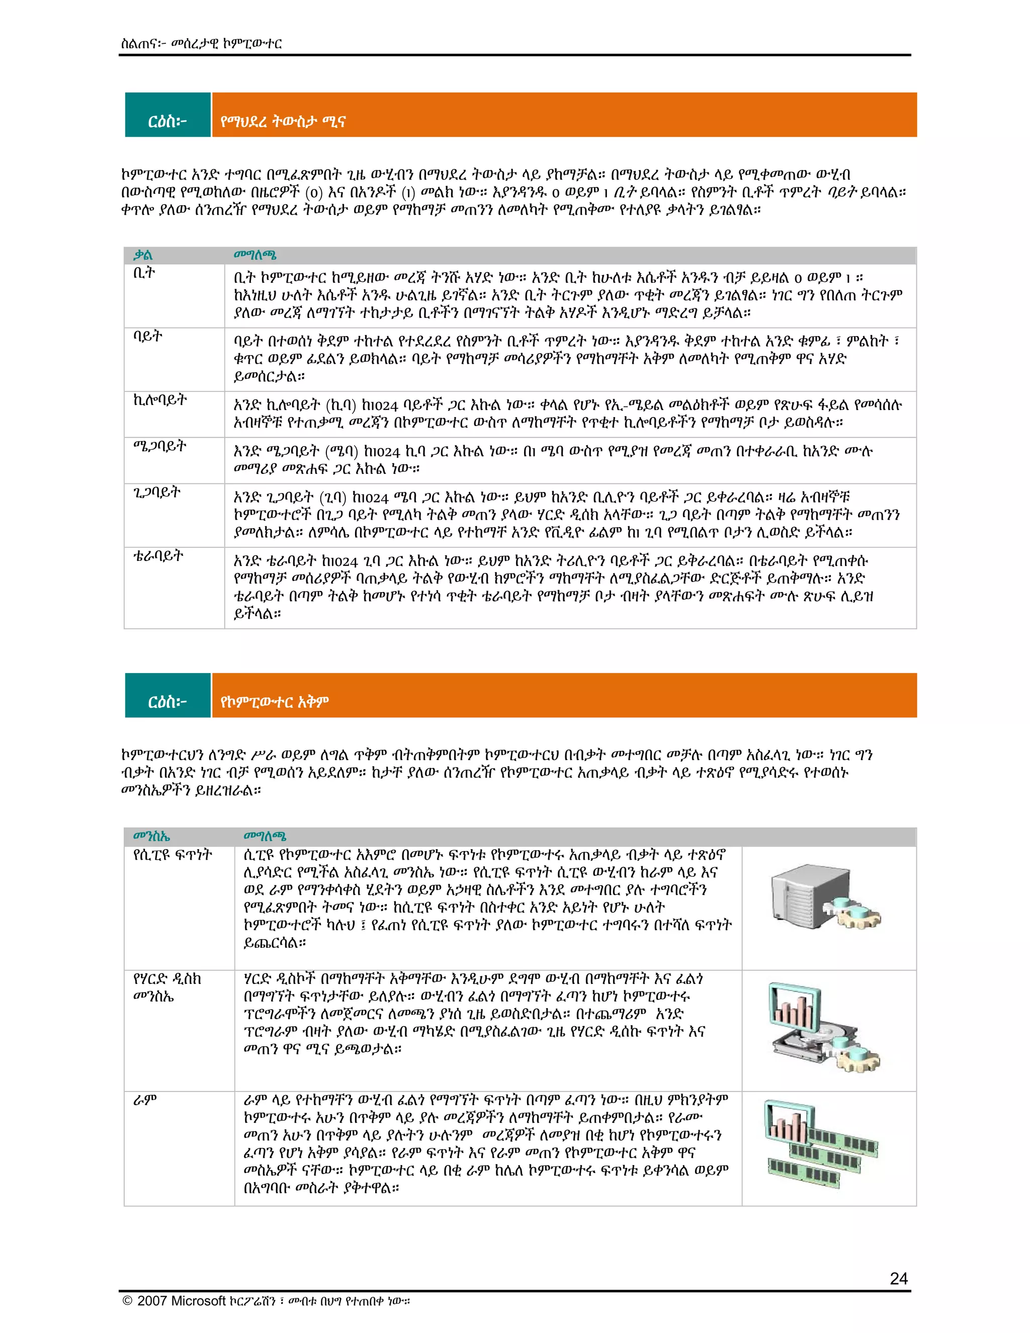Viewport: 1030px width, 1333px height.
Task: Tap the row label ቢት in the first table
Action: [x=144, y=274]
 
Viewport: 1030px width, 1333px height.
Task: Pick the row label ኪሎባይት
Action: [x=160, y=400]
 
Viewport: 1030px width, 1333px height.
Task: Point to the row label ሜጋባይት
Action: [x=160, y=446]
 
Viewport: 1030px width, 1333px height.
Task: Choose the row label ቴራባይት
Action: [x=158, y=556]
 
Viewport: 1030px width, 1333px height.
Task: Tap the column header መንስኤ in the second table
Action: [x=151, y=836]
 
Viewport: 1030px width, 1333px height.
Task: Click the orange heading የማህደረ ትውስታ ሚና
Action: [x=283, y=121]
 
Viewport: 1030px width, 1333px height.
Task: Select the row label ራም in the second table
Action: [x=145, y=1100]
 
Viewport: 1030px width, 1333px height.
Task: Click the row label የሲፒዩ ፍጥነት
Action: [x=173, y=855]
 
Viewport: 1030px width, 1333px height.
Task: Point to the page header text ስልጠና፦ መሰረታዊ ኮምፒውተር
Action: [x=201, y=43]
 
